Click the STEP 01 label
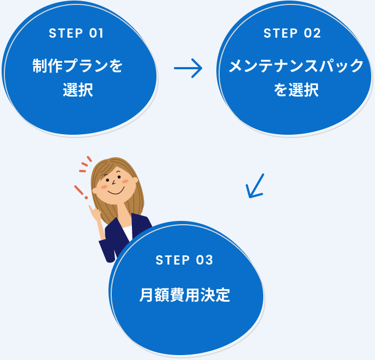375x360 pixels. point(76,33)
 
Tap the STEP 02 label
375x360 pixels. point(292,33)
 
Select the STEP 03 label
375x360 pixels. point(184,260)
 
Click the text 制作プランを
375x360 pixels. point(77,67)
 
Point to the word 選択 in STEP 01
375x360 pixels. point(77,90)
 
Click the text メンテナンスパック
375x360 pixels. point(295,67)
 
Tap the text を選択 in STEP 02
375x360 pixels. point(295,90)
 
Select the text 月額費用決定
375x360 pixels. point(184,295)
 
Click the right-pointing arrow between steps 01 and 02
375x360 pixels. point(188,69)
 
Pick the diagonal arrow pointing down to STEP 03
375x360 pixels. point(255,186)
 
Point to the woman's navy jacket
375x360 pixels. point(139,226)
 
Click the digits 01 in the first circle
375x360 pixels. point(95,33)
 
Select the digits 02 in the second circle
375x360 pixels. point(312,33)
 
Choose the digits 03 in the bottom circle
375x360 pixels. point(204,260)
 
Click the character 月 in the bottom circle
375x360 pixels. point(146,295)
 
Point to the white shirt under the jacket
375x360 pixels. point(126,232)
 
